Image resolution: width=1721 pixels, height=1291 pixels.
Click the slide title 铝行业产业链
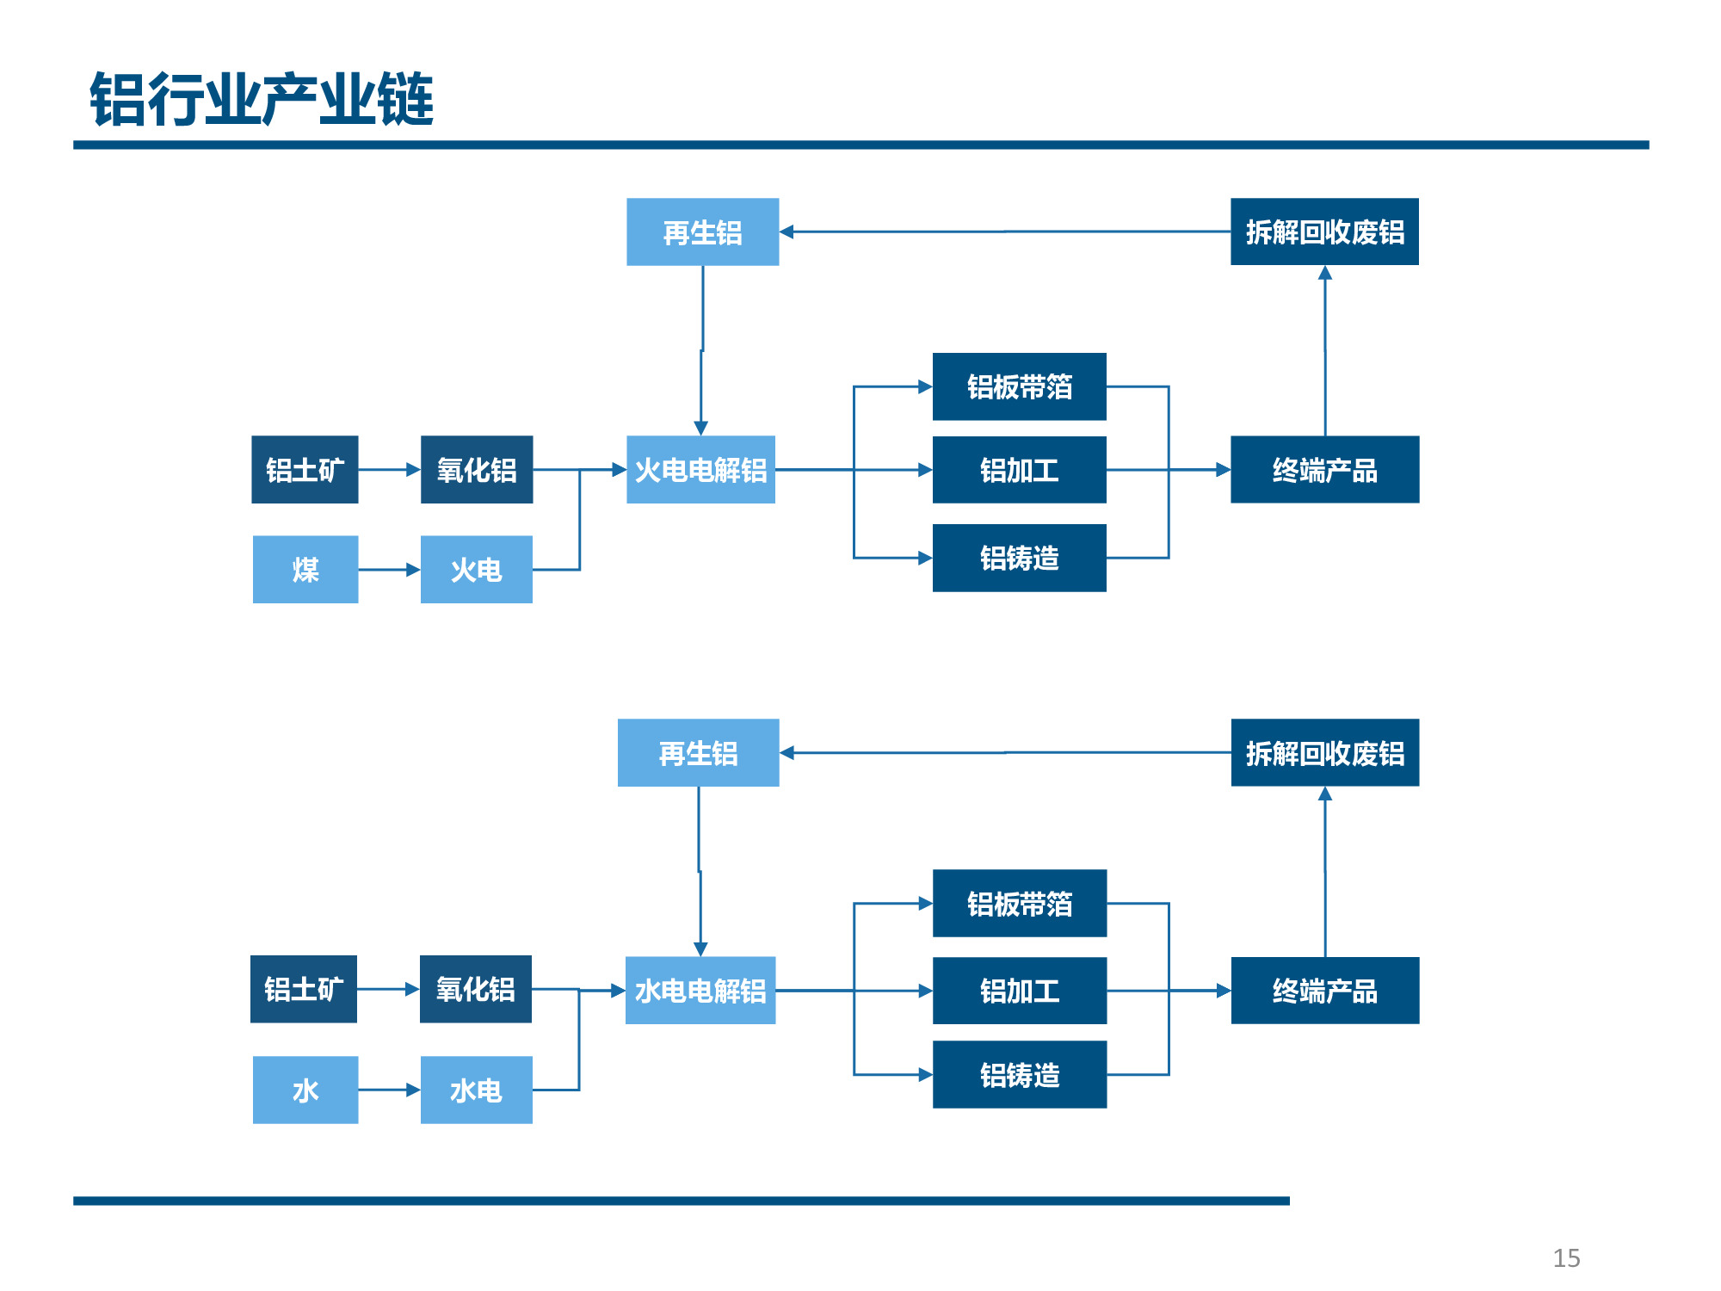point(262,99)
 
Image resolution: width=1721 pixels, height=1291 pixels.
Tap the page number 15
point(1566,1258)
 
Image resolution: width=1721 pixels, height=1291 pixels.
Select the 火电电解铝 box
point(700,470)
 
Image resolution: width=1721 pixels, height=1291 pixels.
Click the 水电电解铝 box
point(700,991)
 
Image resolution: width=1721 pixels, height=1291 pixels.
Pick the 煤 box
point(305,570)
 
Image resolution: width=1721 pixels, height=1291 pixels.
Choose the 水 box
point(305,1090)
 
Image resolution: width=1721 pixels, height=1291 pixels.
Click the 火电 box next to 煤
point(477,570)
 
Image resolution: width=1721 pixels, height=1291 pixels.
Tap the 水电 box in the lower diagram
point(477,1090)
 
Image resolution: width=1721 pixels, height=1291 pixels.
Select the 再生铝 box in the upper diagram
point(703,232)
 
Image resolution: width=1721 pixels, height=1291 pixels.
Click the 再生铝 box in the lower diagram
point(699,753)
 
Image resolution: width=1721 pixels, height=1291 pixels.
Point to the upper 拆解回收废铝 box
point(1325,232)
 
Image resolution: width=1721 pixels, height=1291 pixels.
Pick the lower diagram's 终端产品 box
point(1325,991)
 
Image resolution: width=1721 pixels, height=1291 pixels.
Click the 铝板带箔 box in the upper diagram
point(1020,386)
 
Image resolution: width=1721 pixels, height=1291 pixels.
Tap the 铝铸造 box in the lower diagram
point(1020,1074)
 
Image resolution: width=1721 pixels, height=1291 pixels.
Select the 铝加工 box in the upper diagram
point(1020,470)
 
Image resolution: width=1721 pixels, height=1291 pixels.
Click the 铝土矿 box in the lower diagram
point(304,989)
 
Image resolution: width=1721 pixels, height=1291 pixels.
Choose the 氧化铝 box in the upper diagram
point(477,470)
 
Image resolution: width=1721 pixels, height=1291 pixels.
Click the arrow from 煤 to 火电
point(389,570)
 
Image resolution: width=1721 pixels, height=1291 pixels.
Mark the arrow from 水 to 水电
point(389,1090)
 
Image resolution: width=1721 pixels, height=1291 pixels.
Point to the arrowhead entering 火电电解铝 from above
point(701,429)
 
